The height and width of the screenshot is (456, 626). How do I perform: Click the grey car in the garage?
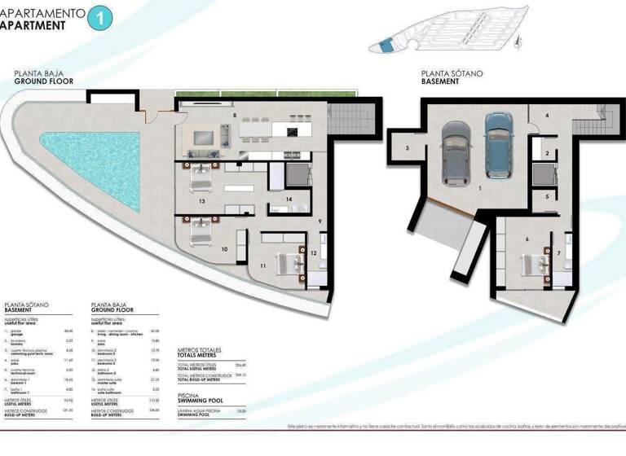(456, 152)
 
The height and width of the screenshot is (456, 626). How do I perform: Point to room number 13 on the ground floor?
(201, 199)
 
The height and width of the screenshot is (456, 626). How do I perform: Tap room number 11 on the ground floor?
(262, 266)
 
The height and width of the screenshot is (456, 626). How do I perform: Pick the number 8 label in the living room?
(235, 116)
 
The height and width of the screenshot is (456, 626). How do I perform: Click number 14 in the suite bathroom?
(289, 199)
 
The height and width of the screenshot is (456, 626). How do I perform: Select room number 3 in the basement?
(407, 147)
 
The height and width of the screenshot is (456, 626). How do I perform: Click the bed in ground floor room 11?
(288, 261)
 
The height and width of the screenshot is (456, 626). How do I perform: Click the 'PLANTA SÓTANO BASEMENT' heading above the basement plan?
(452, 77)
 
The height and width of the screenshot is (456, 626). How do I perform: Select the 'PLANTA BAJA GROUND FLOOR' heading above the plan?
(44, 77)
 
